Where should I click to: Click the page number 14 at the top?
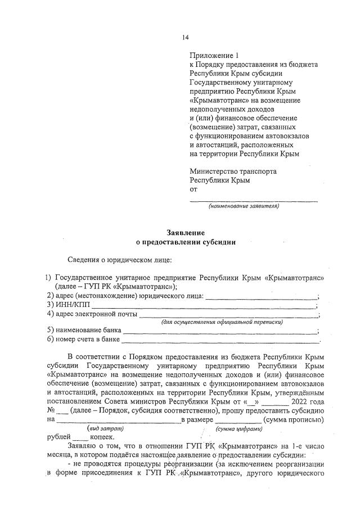(x=185, y=38)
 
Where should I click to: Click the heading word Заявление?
(x=185, y=233)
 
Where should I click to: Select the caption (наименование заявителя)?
(x=244, y=206)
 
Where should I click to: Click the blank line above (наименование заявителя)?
(x=253, y=200)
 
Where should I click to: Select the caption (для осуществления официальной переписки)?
(x=222, y=322)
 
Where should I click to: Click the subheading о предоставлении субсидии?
(x=185, y=242)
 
